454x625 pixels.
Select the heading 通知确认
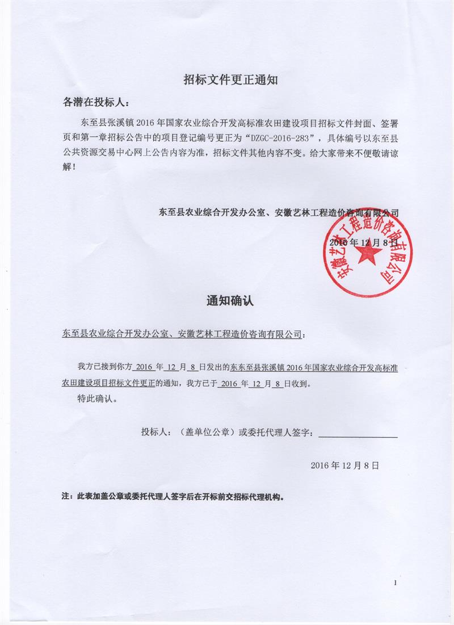230,301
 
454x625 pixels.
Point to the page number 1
395,582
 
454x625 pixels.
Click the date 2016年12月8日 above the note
344,465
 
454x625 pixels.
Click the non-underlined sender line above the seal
278,213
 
